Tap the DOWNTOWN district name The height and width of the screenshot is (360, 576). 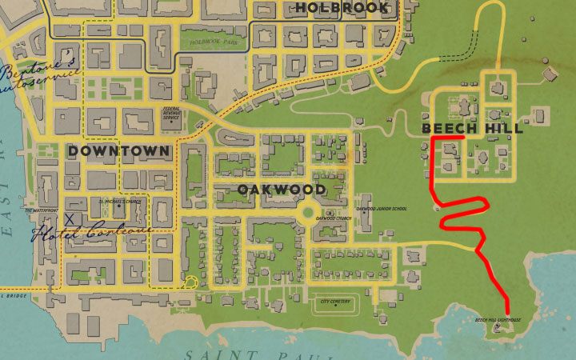(x=118, y=150)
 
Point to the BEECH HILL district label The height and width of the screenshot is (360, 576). (x=472, y=129)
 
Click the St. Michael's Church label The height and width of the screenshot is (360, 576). (x=119, y=201)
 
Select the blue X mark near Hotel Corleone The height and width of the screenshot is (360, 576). (x=70, y=218)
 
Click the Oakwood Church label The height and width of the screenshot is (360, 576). (x=334, y=218)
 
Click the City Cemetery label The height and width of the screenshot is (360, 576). (x=335, y=302)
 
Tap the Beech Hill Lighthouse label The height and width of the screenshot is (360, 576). (x=498, y=319)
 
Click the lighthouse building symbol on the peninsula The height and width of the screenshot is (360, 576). (x=499, y=327)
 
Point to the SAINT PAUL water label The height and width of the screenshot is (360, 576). (x=232, y=353)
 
